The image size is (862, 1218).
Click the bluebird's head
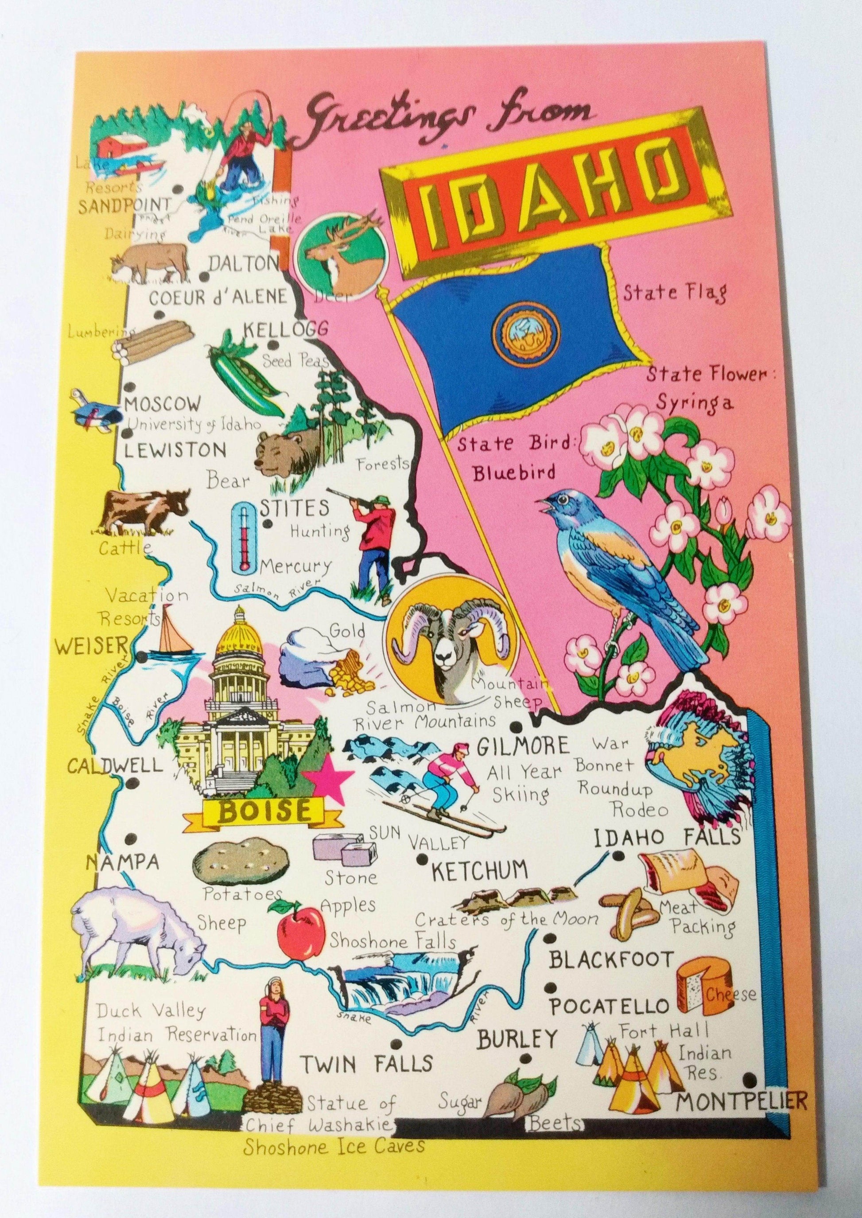click(564, 504)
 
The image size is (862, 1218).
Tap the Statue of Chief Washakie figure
click(270, 1025)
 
